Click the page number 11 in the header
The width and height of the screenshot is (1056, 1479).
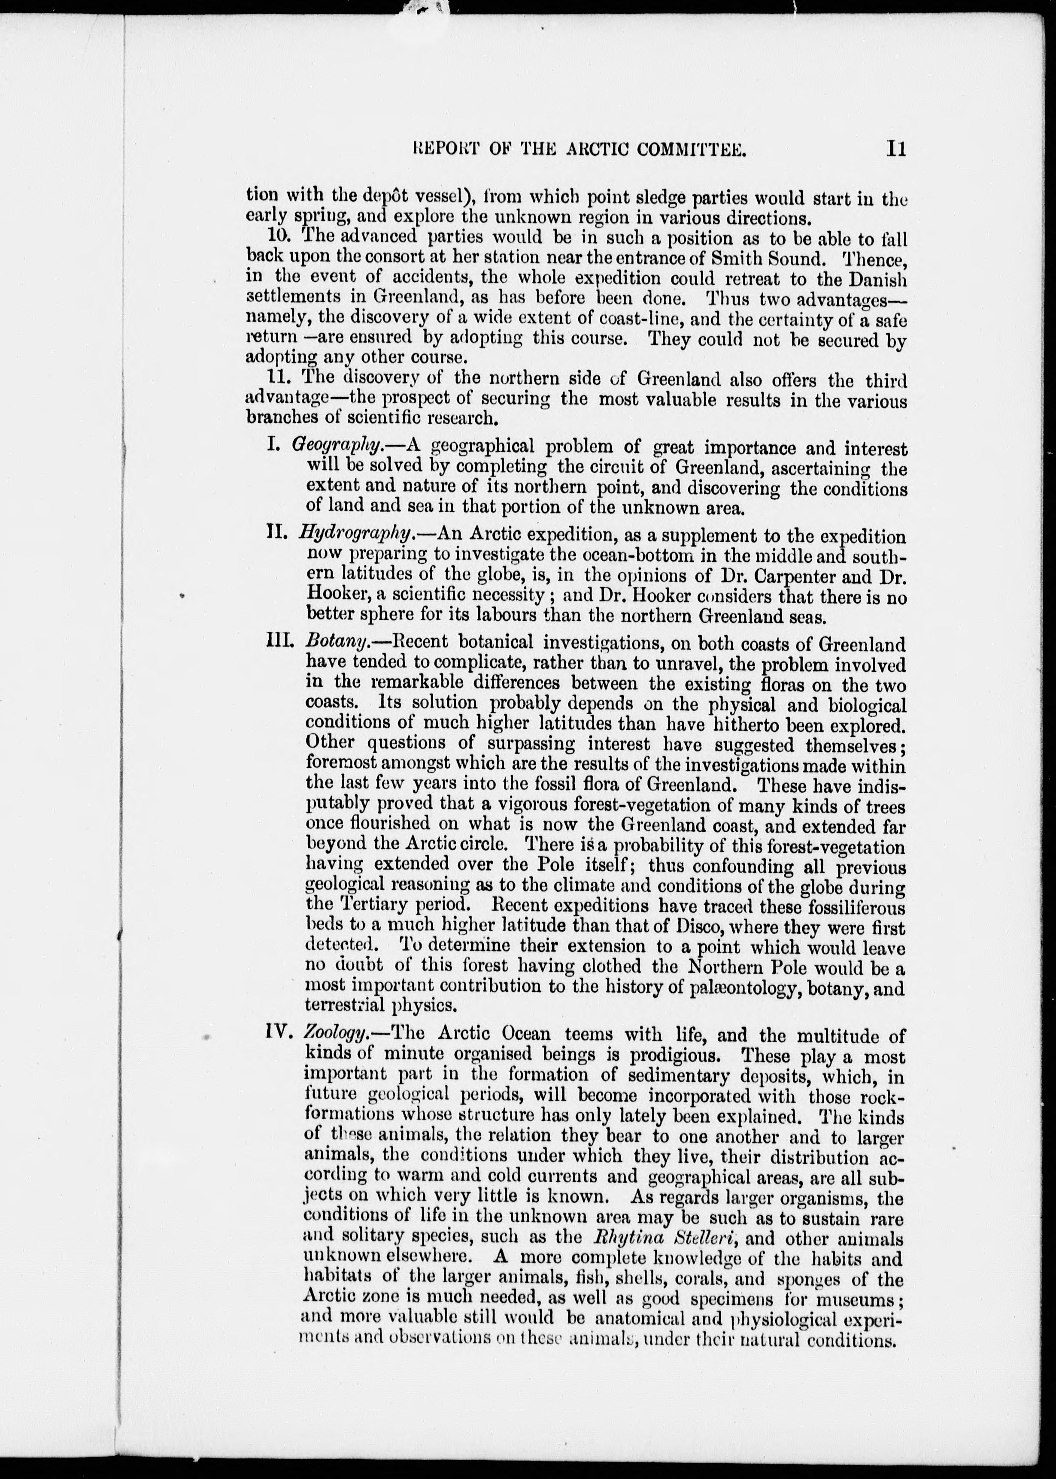895,150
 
